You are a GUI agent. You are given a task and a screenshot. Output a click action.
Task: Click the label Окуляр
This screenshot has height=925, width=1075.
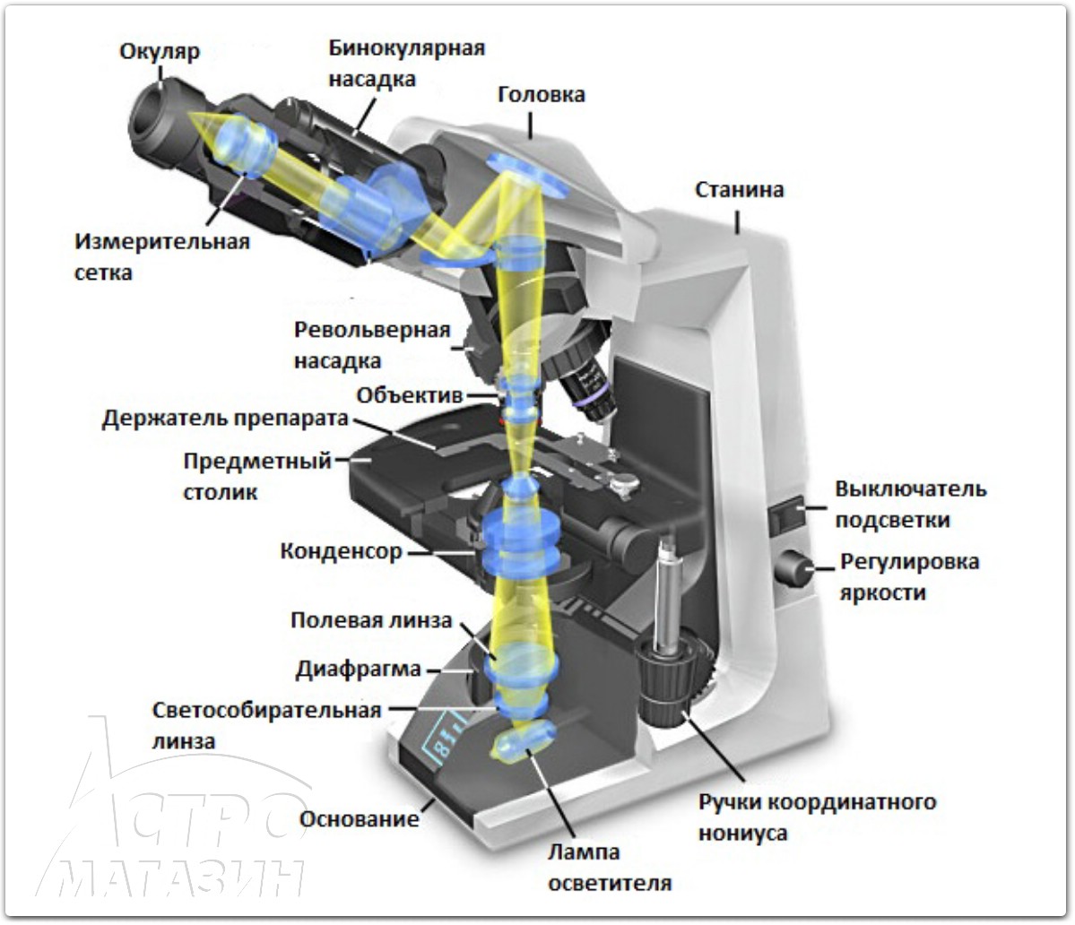click(x=160, y=52)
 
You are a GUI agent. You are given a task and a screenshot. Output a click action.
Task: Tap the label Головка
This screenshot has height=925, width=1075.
click(x=541, y=94)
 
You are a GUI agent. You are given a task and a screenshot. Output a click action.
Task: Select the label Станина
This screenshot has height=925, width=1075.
click(x=739, y=189)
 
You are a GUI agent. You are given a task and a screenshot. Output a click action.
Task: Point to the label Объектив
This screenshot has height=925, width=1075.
click(x=409, y=395)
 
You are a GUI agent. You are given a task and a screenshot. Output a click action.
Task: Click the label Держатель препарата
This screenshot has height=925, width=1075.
click(x=223, y=419)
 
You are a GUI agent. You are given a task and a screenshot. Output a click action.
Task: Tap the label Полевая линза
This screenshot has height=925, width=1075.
click(x=371, y=621)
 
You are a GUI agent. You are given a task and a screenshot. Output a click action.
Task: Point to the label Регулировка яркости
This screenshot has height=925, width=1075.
click(x=908, y=577)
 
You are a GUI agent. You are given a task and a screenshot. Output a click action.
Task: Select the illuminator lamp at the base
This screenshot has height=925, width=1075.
click(x=524, y=743)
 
